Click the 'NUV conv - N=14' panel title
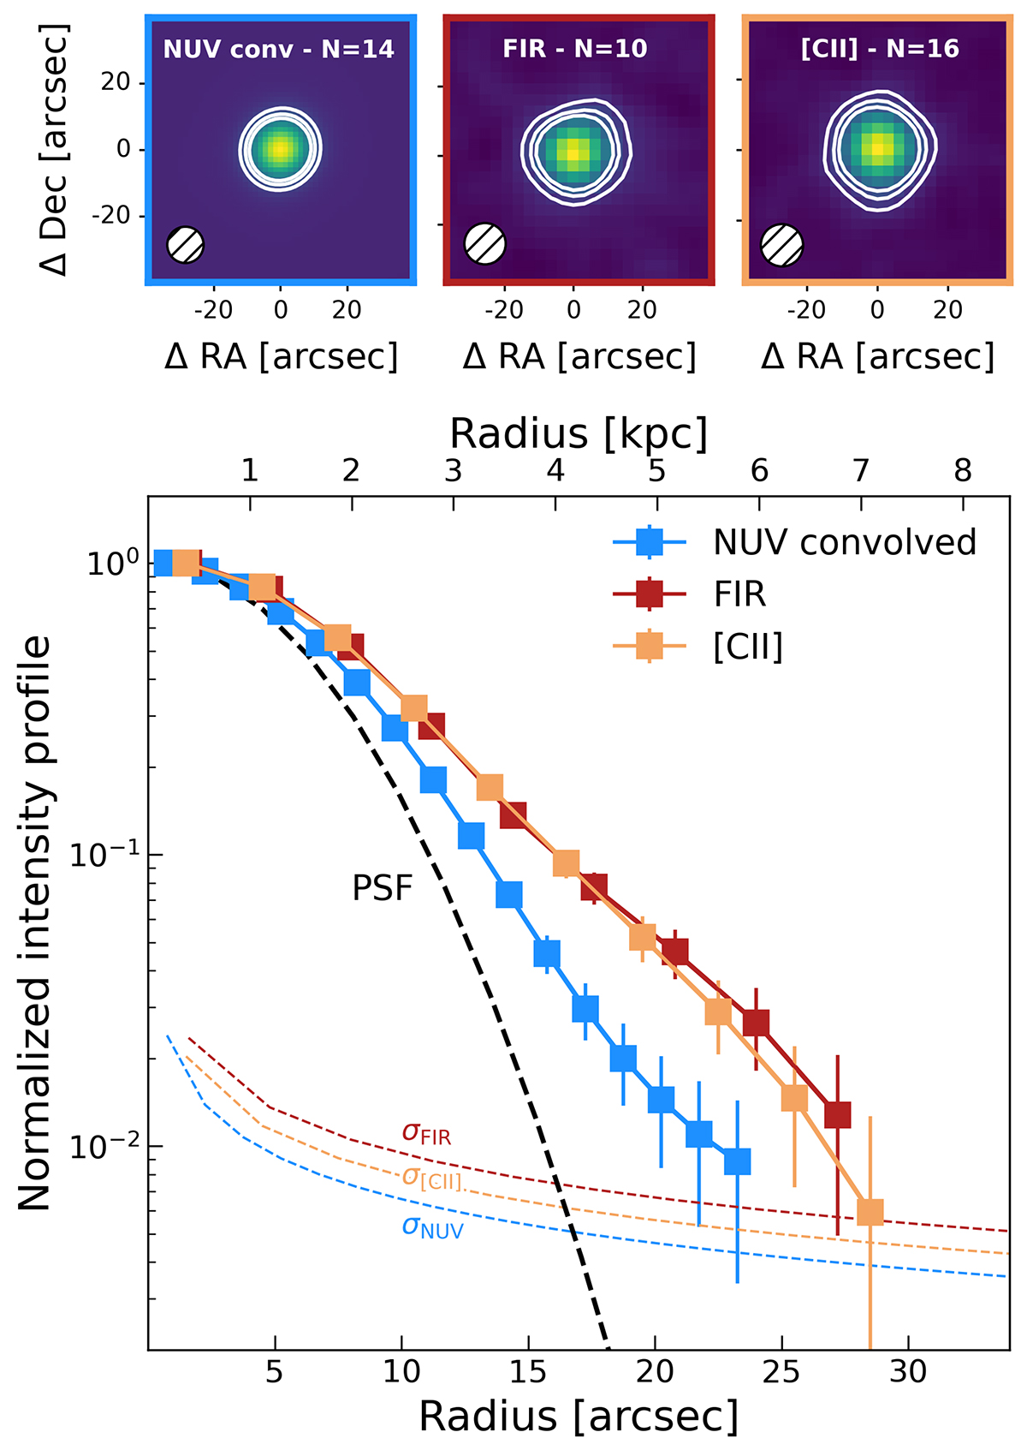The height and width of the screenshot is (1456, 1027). click(x=279, y=50)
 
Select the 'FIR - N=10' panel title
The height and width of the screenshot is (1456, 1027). click(x=575, y=49)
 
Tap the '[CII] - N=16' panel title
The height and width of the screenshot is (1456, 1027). click(x=880, y=49)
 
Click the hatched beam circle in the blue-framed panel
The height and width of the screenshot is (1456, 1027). click(x=186, y=245)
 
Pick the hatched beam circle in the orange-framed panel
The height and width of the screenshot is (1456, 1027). click(x=781, y=244)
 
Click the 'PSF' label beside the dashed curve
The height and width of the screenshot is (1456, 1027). click(x=383, y=888)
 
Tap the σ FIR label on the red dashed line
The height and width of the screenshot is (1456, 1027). click(x=426, y=1133)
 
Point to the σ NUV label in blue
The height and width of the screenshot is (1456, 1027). click(x=432, y=1227)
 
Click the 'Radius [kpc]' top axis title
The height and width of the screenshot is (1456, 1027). click(x=579, y=433)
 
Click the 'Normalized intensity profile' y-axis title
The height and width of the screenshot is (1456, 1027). click(x=36, y=923)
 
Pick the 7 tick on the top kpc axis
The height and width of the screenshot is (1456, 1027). click(x=861, y=470)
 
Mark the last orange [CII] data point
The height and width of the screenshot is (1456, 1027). click(x=870, y=1212)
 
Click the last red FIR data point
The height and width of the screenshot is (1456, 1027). click(x=837, y=1115)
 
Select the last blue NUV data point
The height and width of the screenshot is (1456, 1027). click(x=737, y=1161)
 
